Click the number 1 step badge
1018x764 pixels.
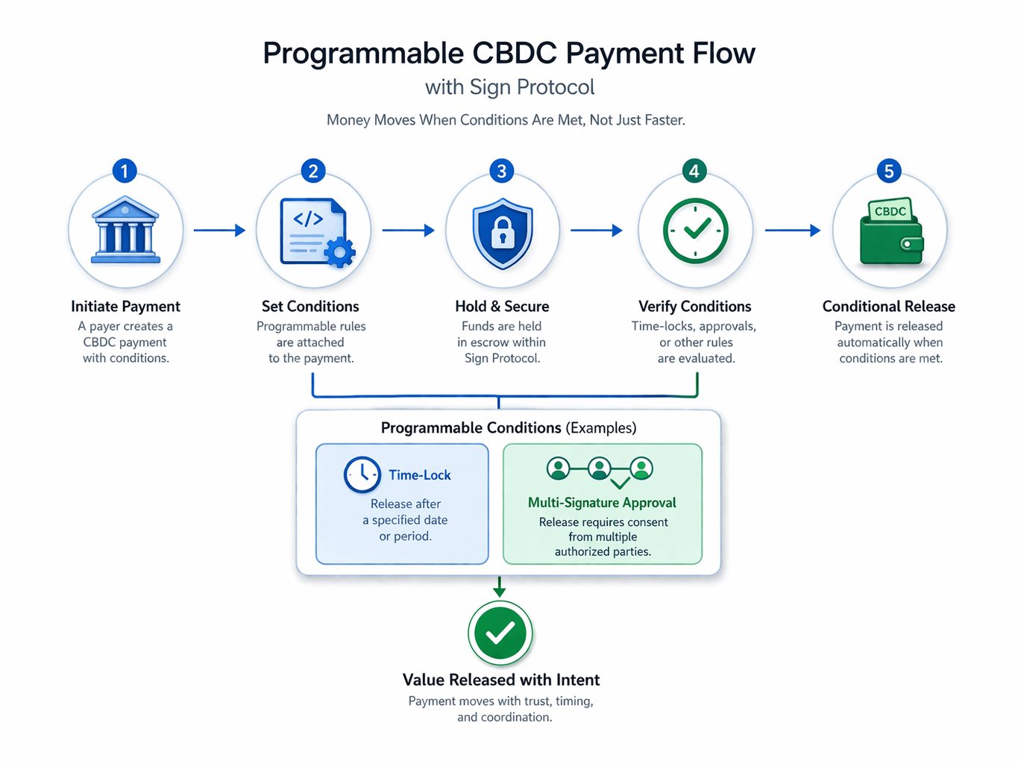coord(125,171)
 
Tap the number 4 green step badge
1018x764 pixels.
coord(694,171)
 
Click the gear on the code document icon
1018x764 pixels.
coord(340,251)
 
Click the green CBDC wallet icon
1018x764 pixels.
coord(891,233)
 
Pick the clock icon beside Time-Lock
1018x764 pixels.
coord(362,475)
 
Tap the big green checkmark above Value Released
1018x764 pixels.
coord(500,633)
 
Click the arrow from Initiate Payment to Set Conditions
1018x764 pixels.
coord(219,231)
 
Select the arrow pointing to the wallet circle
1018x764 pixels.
coord(792,231)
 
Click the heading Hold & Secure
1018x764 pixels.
coord(502,307)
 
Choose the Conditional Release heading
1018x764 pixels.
coord(888,307)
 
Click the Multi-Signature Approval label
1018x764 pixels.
coord(602,503)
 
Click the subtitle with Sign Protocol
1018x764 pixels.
coord(509,87)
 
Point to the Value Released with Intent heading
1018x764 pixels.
coord(501,680)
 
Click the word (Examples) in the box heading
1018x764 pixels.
coord(601,428)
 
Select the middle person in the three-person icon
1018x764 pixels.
coord(600,469)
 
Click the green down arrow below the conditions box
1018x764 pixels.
coord(500,587)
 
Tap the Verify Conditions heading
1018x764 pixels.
coord(694,307)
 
